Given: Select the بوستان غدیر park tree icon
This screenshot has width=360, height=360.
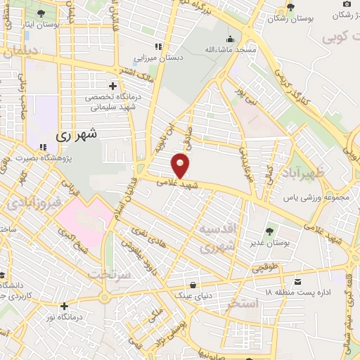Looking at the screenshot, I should (x=269, y=231).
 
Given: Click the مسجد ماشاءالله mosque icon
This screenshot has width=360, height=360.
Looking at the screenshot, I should (x=230, y=39).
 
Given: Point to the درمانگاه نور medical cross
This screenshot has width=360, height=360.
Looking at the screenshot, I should (x=64, y=306).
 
